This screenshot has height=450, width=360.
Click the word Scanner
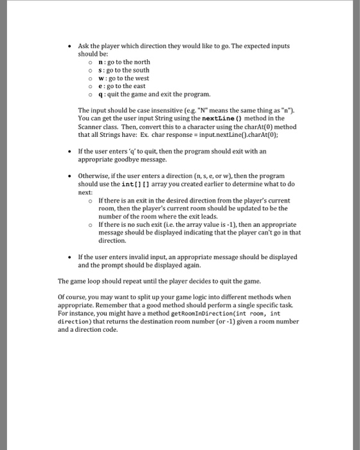(90, 127)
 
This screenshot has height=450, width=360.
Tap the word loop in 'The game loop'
(93, 281)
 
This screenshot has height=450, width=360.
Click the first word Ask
(84, 47)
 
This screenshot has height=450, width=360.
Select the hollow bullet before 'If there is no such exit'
(91, 225)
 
